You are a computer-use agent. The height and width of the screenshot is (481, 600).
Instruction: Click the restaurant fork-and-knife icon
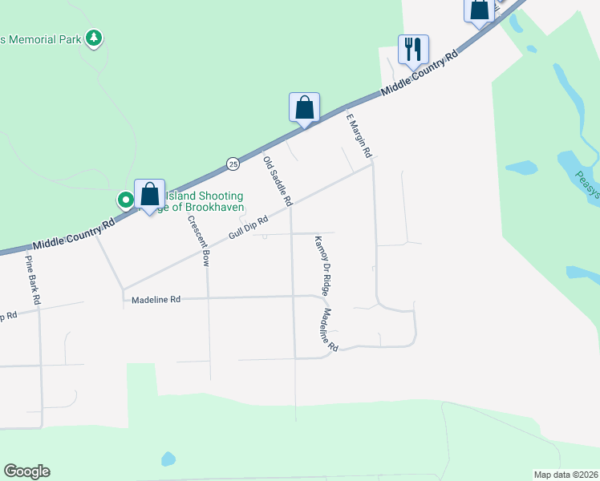[413, 50]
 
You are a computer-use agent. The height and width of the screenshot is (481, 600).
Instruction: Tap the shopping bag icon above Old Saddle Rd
[305, 107]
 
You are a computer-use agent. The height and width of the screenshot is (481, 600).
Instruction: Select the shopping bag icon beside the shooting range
[149, 194]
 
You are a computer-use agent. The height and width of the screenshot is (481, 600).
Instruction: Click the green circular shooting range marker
[125, 200]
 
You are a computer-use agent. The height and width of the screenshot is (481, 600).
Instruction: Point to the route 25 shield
[233, 164]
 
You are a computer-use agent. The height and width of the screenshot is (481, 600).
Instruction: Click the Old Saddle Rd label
[278, 179]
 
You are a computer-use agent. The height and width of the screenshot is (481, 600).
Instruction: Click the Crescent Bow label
[198, 240]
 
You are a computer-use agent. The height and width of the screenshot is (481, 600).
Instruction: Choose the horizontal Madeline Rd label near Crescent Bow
[156, 299]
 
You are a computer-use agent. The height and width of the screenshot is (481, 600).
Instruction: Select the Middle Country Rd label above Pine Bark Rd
[75, 234]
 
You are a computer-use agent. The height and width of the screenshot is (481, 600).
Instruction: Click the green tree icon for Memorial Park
[95, 37]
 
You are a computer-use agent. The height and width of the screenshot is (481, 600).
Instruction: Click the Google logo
[26, 471]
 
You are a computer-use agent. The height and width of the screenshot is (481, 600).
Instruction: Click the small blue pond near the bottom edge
[168, 459]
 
